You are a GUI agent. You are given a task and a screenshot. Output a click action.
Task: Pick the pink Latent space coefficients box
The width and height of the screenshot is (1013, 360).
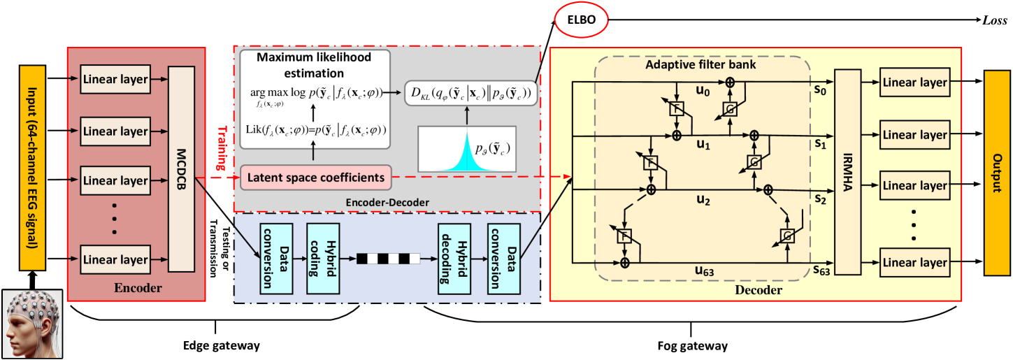(316, 178)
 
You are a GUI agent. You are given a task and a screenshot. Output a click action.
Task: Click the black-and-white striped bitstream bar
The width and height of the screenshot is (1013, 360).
(389, 259)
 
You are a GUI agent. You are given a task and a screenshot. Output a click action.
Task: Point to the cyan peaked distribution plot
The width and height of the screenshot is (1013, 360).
(466, 149)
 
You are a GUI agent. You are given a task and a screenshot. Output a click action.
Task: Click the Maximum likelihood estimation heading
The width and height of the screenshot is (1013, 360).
(313, 64)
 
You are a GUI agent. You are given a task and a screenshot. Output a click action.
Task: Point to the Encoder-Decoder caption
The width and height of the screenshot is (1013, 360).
(387, 202)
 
